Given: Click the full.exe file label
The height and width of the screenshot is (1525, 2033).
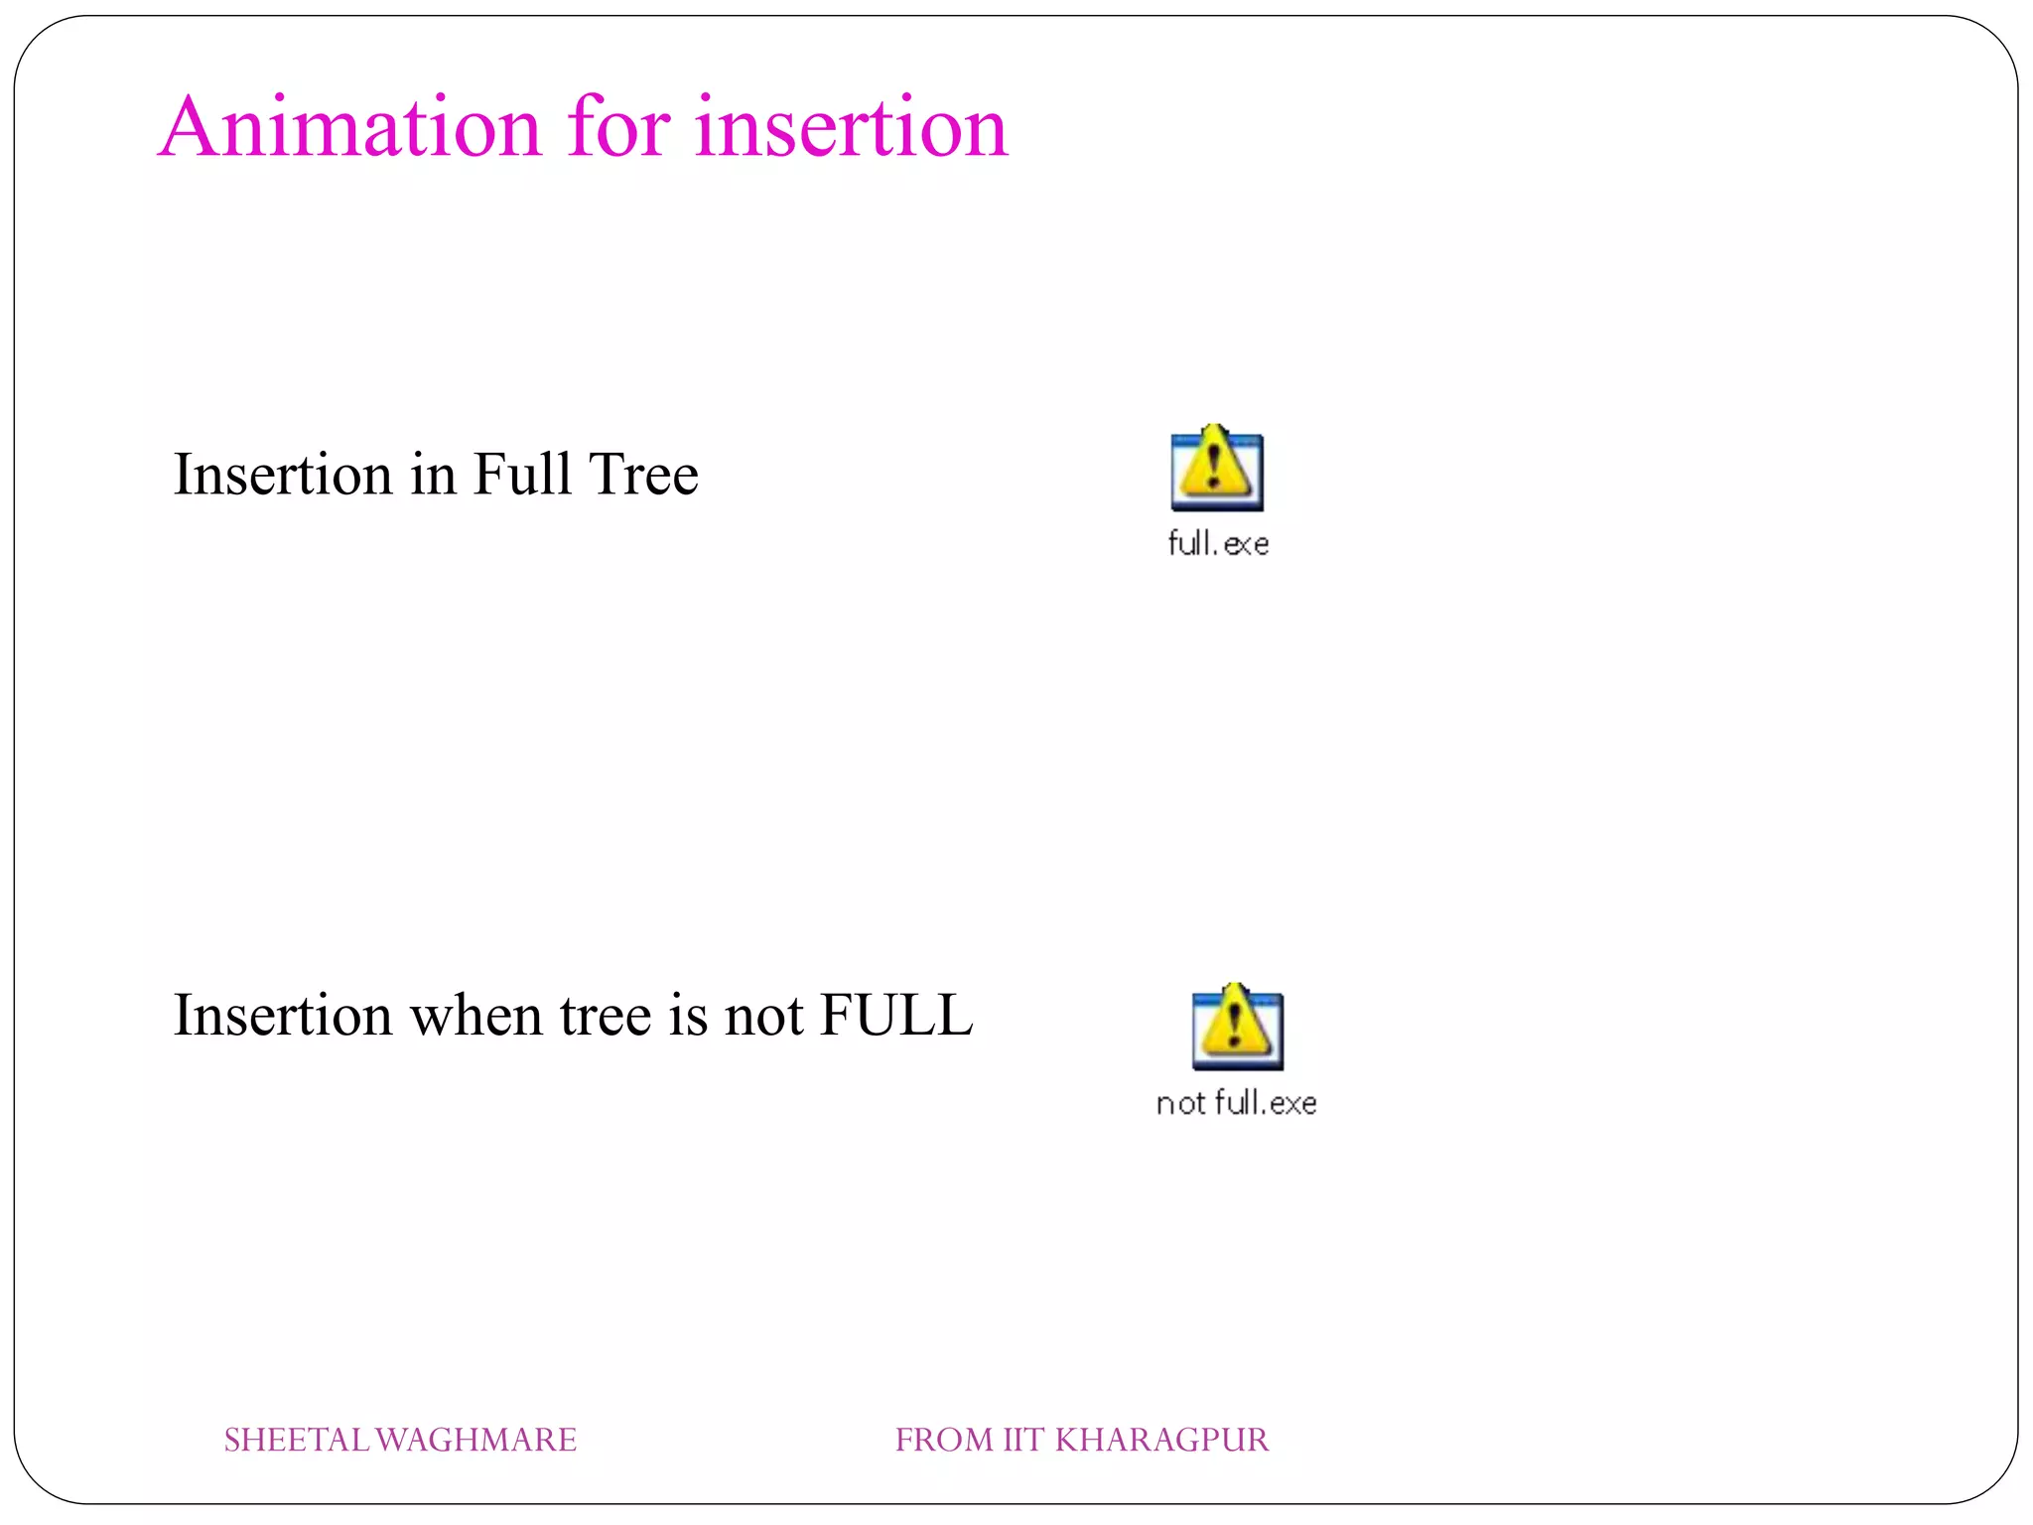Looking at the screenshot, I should pos(1218,543).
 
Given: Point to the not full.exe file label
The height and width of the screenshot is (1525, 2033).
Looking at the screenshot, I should pos(1237,1102).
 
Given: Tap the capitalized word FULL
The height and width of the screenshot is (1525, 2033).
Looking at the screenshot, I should pos(896,1015).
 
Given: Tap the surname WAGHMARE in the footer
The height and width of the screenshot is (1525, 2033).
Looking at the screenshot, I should pos(476,1440).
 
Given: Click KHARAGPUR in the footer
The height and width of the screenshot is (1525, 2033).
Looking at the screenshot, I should pos(1161,1440).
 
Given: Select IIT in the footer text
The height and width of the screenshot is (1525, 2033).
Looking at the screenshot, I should pos(1022,1440).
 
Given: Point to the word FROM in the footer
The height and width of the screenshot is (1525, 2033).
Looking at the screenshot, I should pos(944,1440).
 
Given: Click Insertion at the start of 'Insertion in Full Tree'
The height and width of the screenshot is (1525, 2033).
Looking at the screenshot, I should pos(283,474).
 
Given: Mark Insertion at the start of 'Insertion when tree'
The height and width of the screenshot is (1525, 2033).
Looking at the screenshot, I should pos(283,1015).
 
